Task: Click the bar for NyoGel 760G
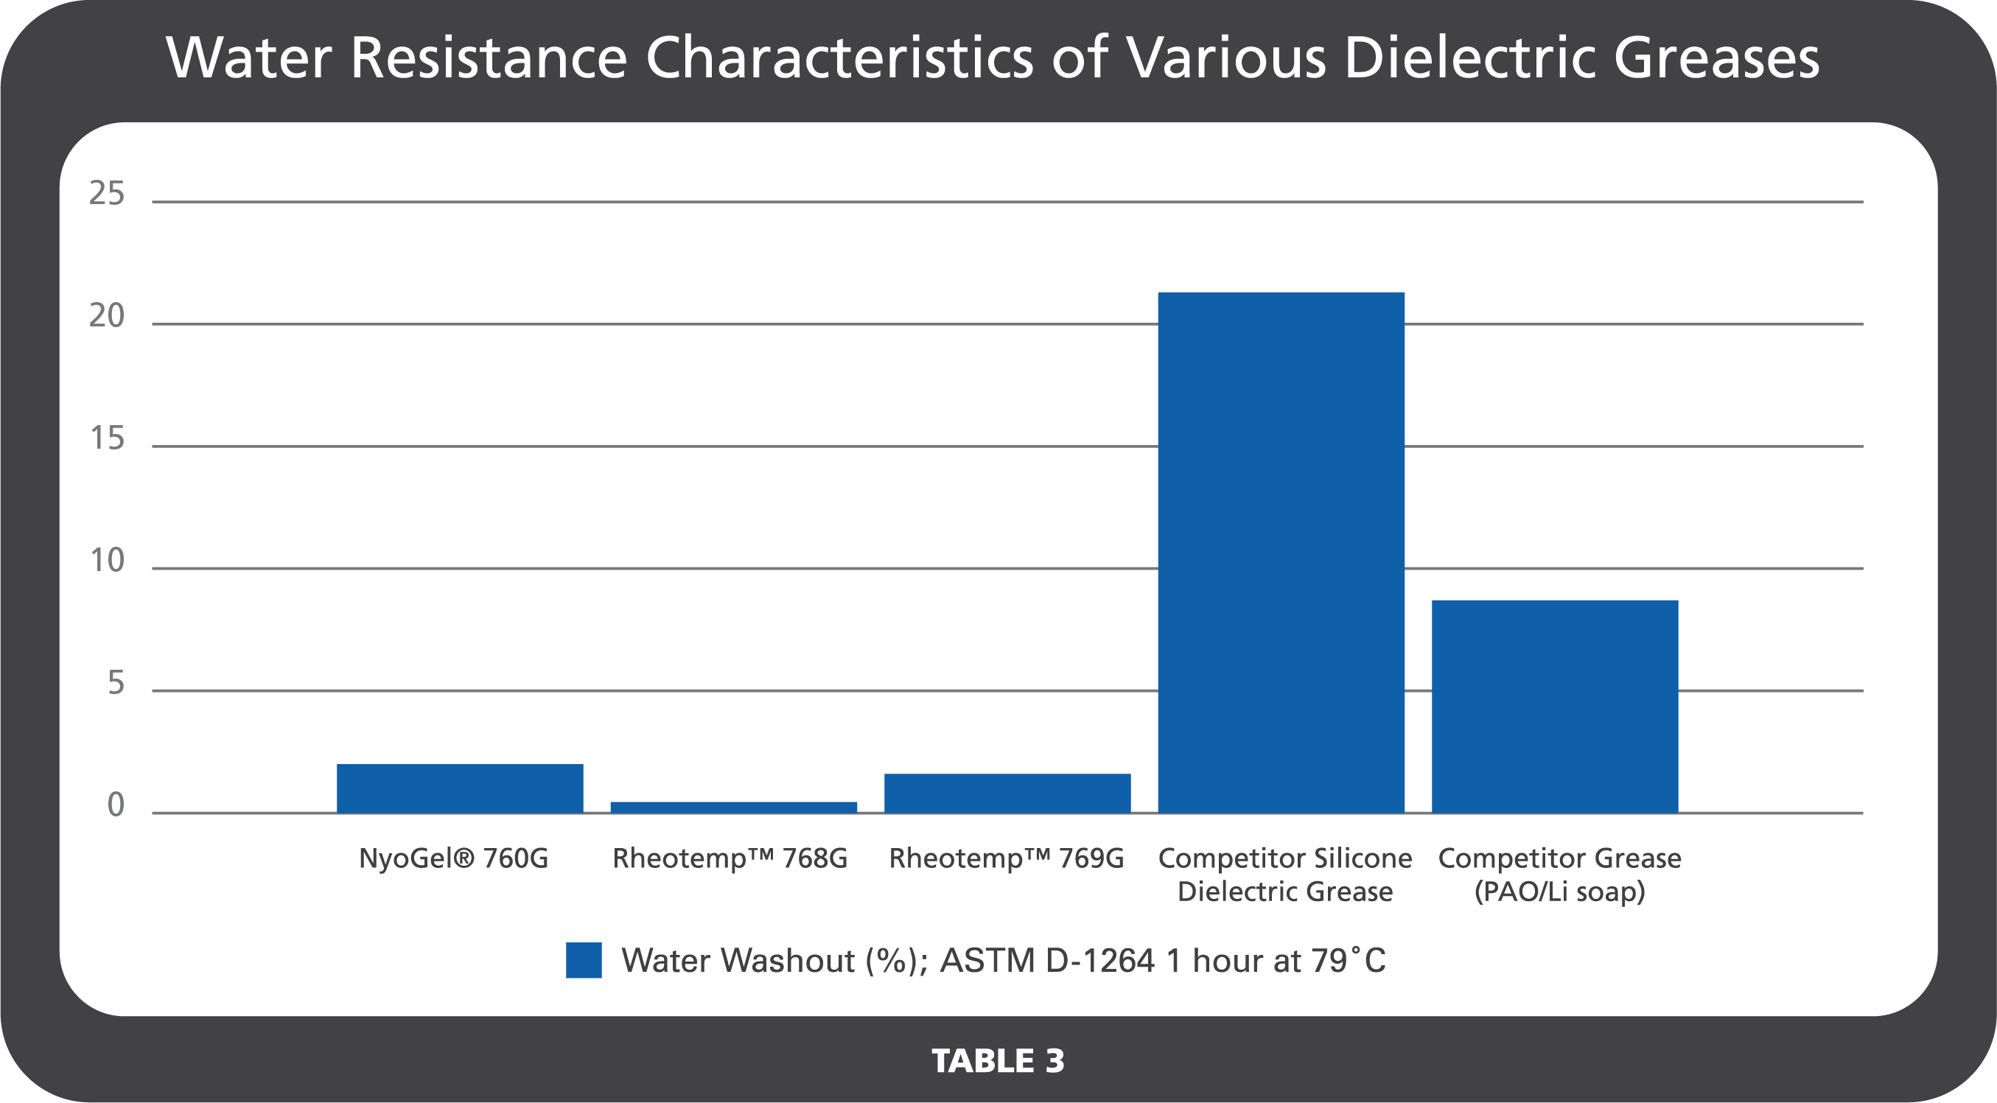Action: (x=460, y=788)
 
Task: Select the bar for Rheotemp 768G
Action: (x=733, y=807)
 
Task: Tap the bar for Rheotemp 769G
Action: (x=1007, y=793)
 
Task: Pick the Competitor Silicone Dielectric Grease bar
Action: (x=1281, y=552)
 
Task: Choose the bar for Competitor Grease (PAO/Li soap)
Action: (x=1554, y=706)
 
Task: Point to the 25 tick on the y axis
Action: (x=107, y=193)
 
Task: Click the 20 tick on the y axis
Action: (x=107, y=315)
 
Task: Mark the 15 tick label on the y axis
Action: (x=107, y=438)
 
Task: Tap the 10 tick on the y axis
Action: (x=107, y=561)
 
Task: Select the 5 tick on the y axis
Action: (x=116, y=683)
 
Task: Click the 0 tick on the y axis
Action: (x=116, y=805)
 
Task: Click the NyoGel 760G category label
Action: (x=453, y=858)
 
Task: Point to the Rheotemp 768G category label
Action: (x=730, y=858)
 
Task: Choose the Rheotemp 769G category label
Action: (x=1005, y=858)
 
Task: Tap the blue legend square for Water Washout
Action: (x=584, y=959)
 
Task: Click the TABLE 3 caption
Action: (x=998, y=1060)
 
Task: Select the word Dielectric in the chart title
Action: (x=1469, y=57)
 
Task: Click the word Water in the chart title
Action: (x=248, y=57)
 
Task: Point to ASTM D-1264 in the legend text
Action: (x=1047, y=960)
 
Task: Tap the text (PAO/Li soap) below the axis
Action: (x=1559, y=892)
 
